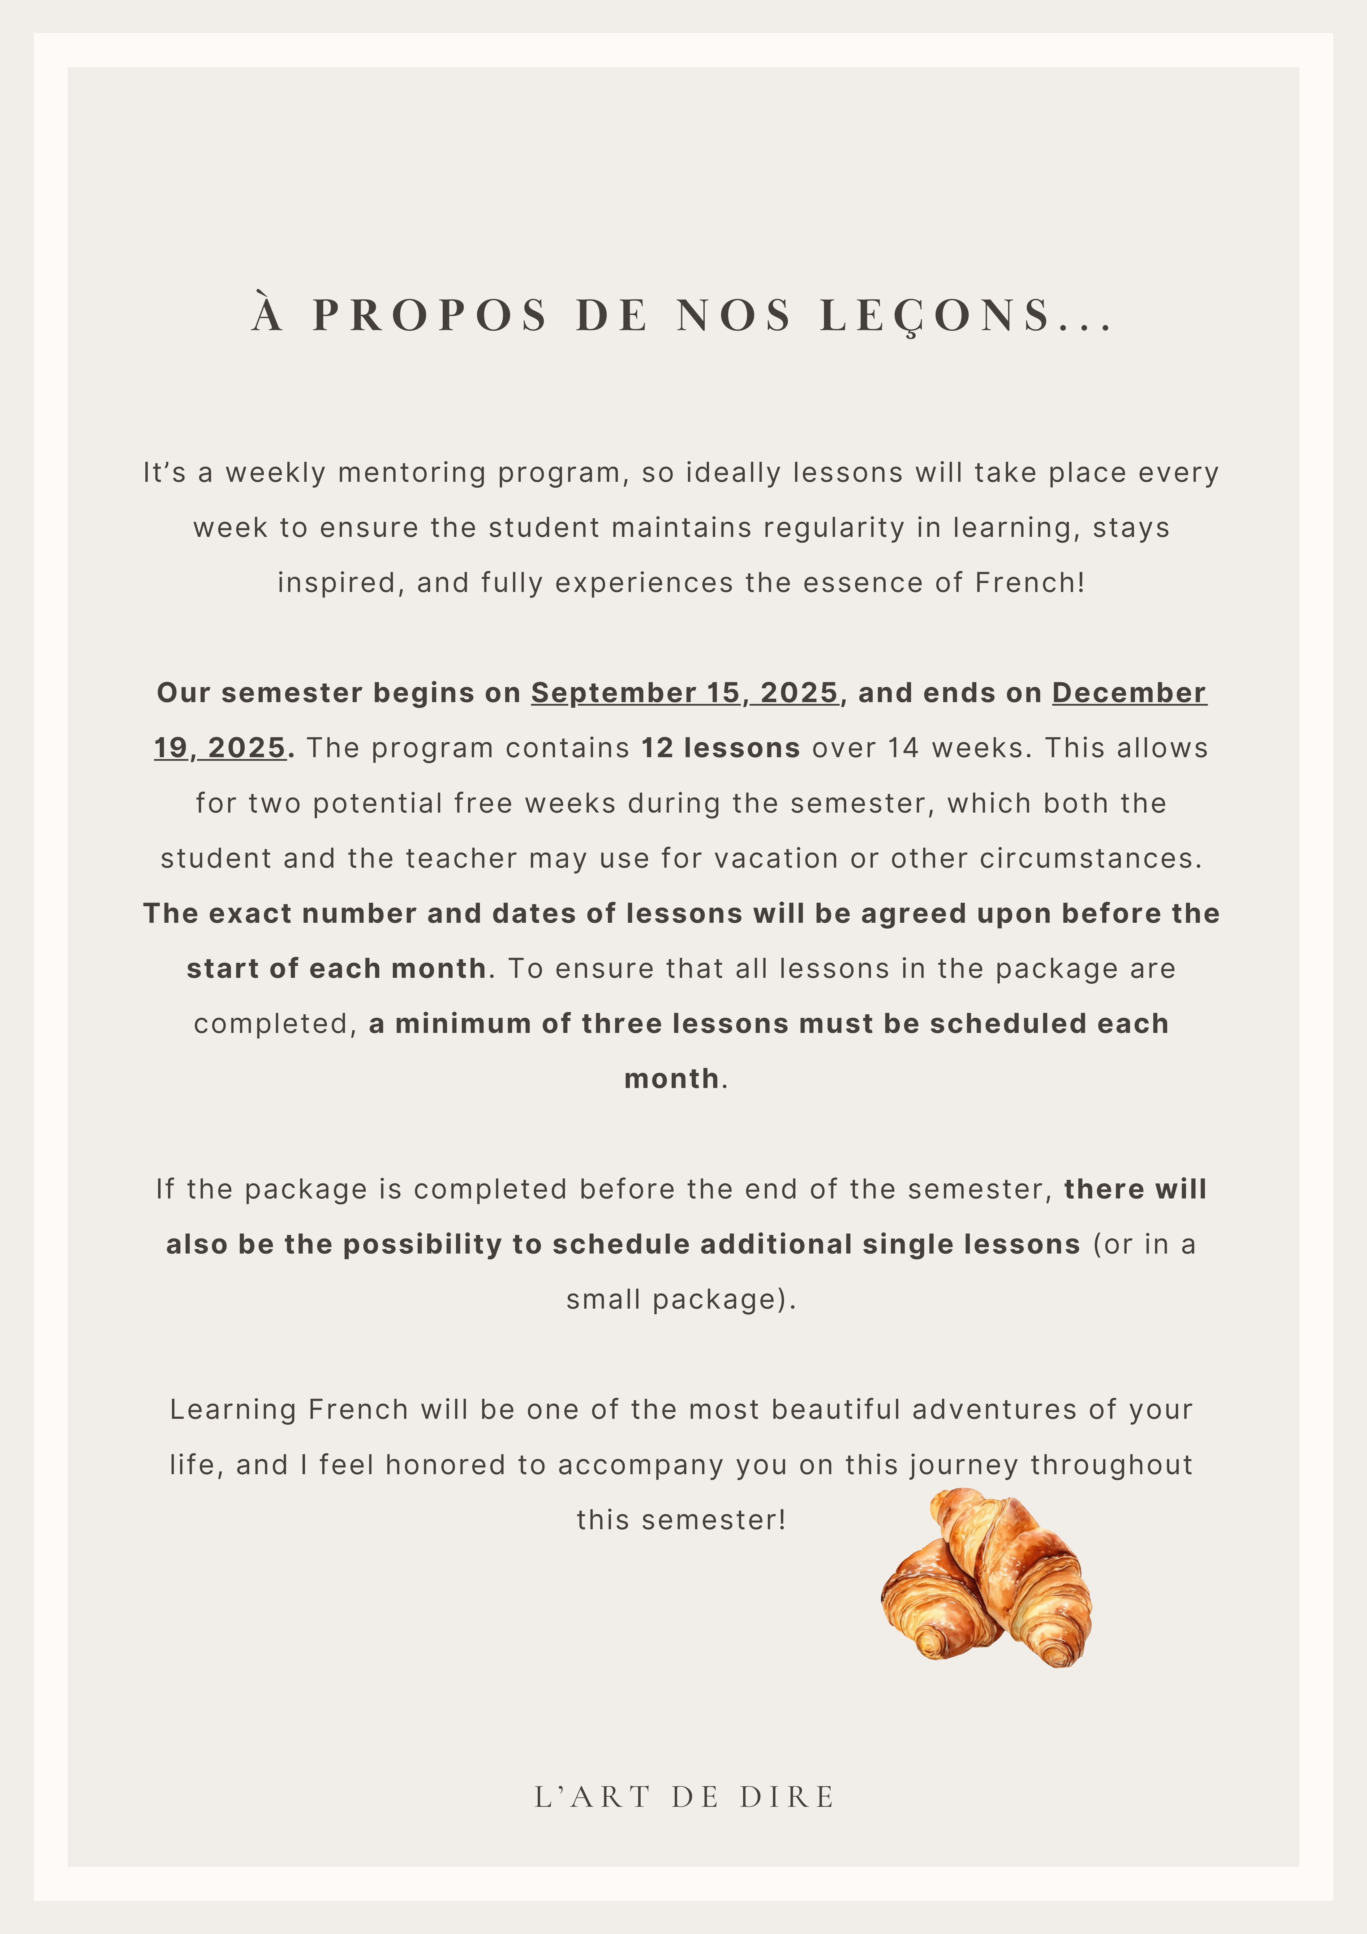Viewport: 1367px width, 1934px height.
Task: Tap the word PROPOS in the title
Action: point(430,316)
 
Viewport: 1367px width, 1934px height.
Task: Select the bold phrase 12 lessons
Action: point(720,748)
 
